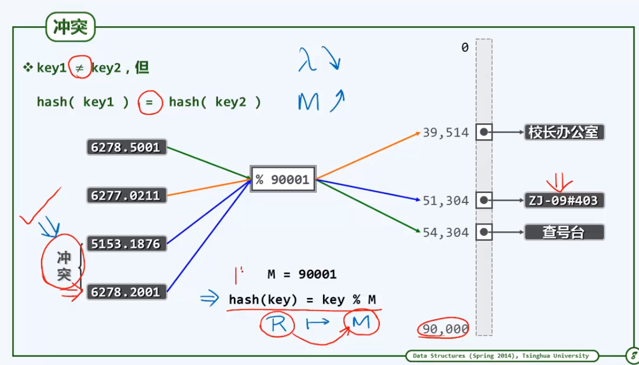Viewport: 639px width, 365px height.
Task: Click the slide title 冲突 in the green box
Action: pos(70,27)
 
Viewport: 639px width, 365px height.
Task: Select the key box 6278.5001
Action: pos(127,147)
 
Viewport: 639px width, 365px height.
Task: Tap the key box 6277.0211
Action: pos(127,195)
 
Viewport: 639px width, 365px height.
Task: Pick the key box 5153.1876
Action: pos(127,244)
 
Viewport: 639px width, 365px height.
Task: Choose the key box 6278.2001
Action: pos(127,292)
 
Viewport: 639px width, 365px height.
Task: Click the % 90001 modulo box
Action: pos(283,179)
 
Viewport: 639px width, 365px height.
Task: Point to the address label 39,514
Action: pos(446,133)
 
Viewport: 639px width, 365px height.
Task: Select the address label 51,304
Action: pos(446,201)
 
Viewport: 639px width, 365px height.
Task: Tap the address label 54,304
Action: pos(446,233)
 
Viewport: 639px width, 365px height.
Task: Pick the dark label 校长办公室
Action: pos(564,132)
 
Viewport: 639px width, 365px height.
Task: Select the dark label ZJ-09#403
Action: pos(564,200)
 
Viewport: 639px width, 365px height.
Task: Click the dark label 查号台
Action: pos(564,232)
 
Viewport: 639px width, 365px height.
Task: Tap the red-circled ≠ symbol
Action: pos(79,68)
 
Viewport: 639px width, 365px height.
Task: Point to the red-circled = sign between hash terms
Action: pos(149,102)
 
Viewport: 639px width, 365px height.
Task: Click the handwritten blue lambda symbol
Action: pos(307,59)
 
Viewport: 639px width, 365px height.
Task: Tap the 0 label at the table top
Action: pos(465,47)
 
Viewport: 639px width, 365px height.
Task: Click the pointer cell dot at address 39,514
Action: pos(484,132)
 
